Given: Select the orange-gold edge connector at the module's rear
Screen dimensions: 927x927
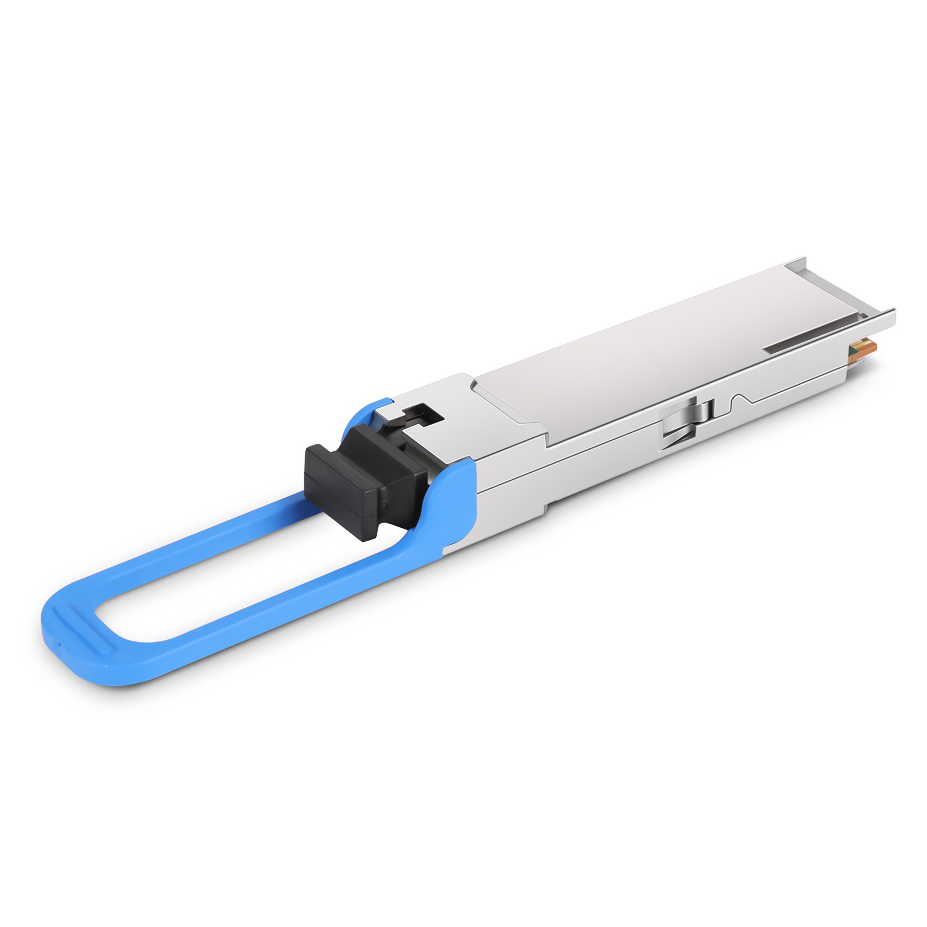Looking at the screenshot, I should coord(866,348).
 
